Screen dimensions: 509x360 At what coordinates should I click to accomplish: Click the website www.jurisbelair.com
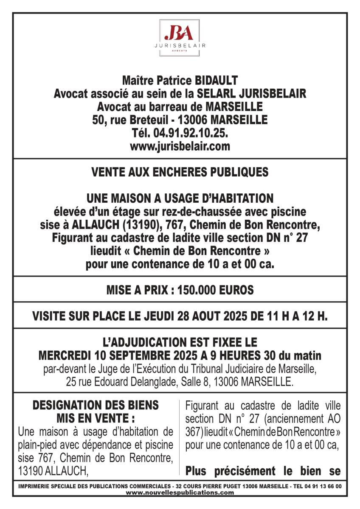[x=180, y=147]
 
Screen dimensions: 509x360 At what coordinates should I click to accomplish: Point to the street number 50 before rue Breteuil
[x=98, y=120]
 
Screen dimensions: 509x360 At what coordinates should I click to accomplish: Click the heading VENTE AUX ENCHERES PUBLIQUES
[x=180, y=172]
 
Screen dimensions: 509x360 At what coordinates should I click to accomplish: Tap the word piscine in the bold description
[x=287, y=211]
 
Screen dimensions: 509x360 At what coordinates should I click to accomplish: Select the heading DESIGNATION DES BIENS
[x=96, y=405]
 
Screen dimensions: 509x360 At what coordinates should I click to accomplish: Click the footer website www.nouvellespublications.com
[x=180, y=492]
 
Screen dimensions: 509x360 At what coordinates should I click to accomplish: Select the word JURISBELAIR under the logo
[x=180, y=45]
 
